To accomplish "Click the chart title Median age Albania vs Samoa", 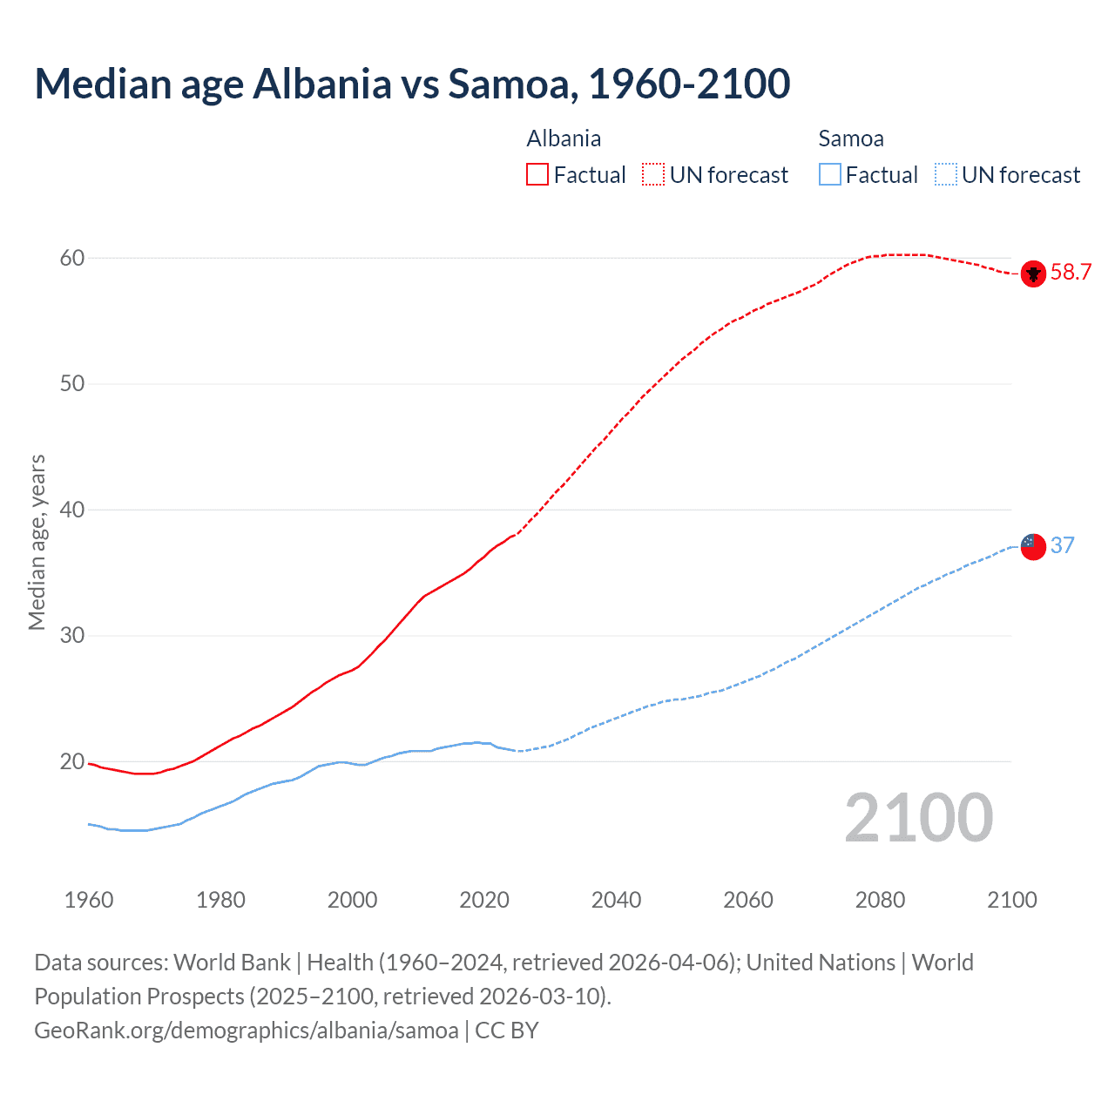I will (412, 84).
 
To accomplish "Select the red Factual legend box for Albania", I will (537, 175).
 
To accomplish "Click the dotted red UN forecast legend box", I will (653, 175).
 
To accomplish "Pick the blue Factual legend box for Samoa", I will (830, 175).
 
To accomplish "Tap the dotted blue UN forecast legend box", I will (945, 175).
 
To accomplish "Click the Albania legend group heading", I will (564, 139).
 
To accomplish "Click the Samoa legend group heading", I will (851, 139).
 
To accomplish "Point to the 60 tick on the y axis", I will (72, 258).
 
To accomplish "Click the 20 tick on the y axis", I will (72, 762).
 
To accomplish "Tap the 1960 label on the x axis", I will (89, 900).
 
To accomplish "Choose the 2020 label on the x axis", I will (484, 900).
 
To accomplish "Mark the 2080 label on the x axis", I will (880, 900).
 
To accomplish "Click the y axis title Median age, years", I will (37, 542).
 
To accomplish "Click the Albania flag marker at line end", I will (1033, 274).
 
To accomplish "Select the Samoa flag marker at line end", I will (1033, 547).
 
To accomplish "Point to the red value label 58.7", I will (1071, 273).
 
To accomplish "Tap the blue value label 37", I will (1063, 546).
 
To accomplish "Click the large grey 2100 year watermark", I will (918, 818).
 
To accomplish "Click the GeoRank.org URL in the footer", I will (247, 1031).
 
